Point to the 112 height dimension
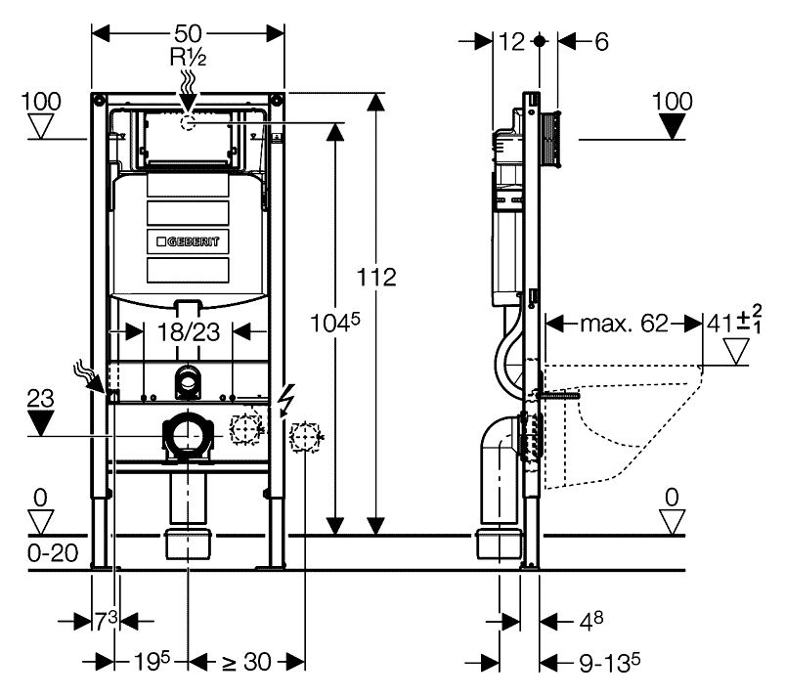tap(376, 277)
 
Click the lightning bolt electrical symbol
tap(286, 400)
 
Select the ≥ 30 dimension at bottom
tap(244, 662)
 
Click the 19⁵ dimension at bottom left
tap(153, 662)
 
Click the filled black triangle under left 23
tap(39, 422)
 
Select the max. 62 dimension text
tap(622, 323)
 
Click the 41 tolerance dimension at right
tap(735, 321)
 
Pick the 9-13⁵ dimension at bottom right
tap(607, 662)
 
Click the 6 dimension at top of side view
tap(600, 41)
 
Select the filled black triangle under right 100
tap(672, 126)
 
